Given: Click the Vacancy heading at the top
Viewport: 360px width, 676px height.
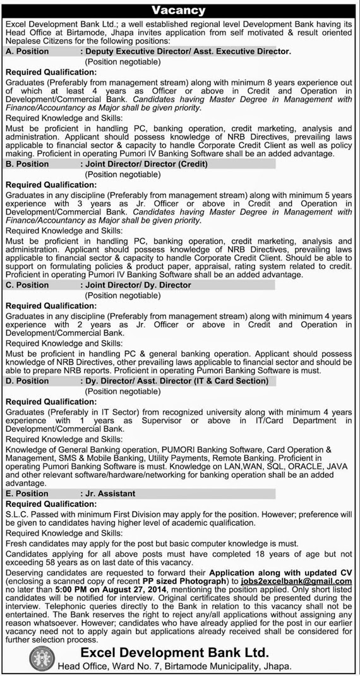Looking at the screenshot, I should point(181,10).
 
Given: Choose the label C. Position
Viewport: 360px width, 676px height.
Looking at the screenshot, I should point(29,285).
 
